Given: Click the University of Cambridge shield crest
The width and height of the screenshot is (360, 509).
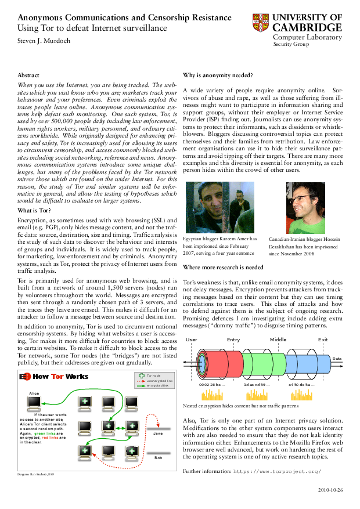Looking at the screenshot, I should pyautogui.click(x=261, y=23).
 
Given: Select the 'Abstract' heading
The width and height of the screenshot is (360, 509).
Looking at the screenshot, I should pyautogui.click(x=28, y=75).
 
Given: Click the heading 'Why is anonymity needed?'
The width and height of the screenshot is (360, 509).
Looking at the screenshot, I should pyautogui.click(x=218, y=75).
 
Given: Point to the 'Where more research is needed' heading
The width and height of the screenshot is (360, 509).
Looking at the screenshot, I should pyautogui.click(x=223, y=268).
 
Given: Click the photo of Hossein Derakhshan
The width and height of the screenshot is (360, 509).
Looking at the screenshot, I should pyautogui.click(x=305, y=208).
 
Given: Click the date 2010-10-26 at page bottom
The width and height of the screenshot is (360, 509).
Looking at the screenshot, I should pyautogui.click(x=331, y=490).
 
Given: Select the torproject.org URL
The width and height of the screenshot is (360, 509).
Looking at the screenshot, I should pyautogui.click(x=277, y=471).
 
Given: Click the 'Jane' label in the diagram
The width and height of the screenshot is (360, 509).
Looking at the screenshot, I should pyautogui.click(x=157, y=434).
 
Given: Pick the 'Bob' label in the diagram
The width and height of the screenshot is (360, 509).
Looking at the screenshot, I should pyautogui.click(x=157, y=458).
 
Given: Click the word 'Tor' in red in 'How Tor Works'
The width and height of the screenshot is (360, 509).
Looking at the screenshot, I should pyautogui.click(x=57, y=376).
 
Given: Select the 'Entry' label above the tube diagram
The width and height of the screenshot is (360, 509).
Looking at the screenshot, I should pyautogui.click(x=233, y=340).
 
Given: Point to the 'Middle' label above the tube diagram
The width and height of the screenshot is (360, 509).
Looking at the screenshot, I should pyautogui.click(x=278, y=340).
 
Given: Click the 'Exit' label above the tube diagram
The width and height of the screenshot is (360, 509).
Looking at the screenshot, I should pyautogui.click(x=323, y=340).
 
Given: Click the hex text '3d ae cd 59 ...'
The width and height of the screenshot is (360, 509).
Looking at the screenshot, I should pyautogui.click(x=257, y=384).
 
